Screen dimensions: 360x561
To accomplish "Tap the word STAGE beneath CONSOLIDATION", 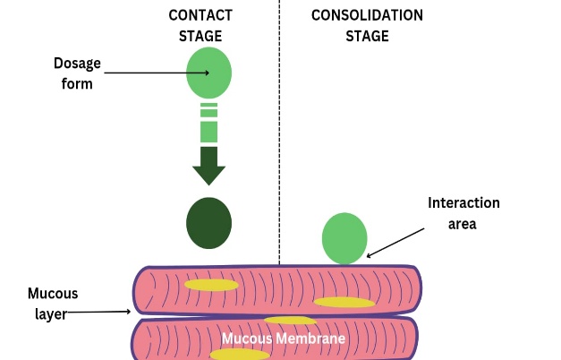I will tap(367, 37).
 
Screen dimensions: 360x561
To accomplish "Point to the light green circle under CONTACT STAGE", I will tap(208, 73).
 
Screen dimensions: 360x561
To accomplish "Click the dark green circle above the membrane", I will tap(208, 223).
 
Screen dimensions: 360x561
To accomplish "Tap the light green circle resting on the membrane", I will tap(344, 238).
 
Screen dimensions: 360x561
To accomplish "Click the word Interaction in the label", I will tap(463, 203).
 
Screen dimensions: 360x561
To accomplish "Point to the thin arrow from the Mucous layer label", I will tap(98, 313).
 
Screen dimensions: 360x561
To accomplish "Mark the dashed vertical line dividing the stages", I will tap(279, 134).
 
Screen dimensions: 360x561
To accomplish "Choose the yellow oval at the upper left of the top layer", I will tap(211, 285).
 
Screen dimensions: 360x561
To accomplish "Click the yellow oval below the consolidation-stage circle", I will tap(344, 302).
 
